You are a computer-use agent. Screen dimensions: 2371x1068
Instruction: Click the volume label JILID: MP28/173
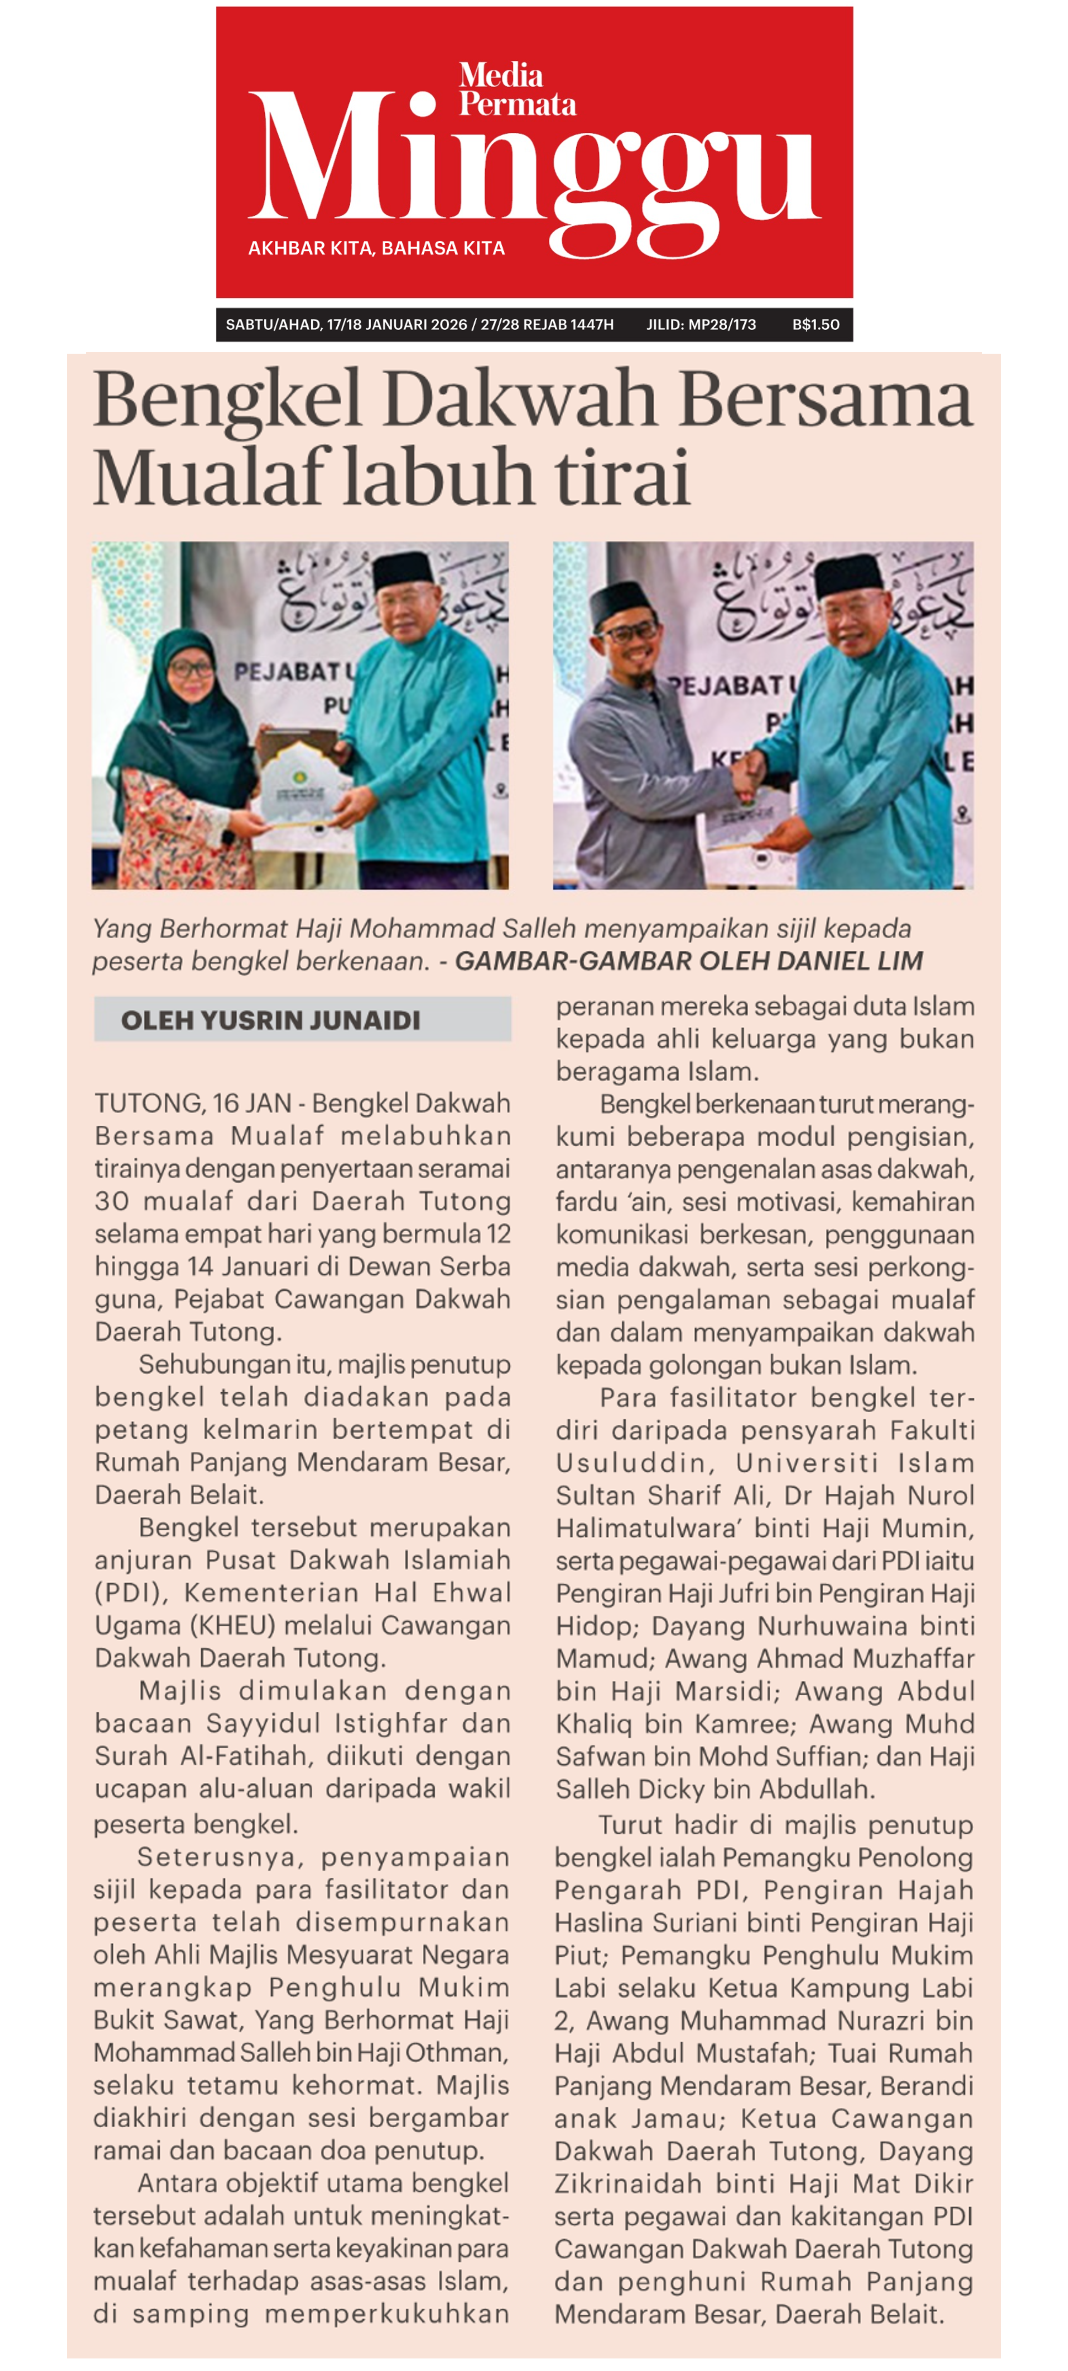tap(701, 324)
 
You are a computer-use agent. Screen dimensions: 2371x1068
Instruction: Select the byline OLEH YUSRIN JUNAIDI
tap(271, 1020)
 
